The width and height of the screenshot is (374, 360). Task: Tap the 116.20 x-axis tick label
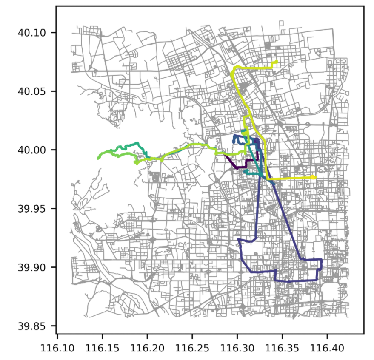147,348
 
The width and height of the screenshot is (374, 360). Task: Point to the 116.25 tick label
192,348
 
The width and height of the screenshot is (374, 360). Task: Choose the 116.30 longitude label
237,348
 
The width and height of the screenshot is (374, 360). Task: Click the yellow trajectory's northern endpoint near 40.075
276,62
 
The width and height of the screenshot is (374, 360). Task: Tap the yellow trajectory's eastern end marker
314,177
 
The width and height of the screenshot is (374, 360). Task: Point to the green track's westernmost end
98,158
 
